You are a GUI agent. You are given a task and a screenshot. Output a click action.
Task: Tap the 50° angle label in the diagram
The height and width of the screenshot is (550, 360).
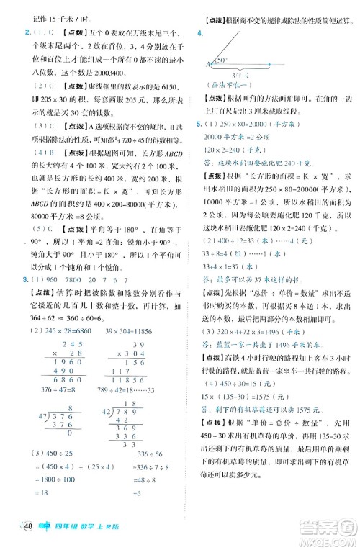pos(222,60)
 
